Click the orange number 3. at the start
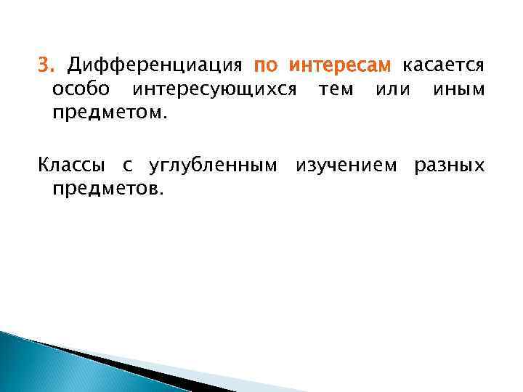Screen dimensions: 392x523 tap(47, 67)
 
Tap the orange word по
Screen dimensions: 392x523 tap(266, 67)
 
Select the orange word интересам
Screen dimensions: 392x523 tap(341, 67)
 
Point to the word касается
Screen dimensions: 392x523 tap(443, 67)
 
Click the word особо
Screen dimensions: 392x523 tap(81, 90)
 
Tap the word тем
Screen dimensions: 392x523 tap(336, 90)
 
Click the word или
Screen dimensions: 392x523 tap(393, 90)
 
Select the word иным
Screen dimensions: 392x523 tap(458, 90)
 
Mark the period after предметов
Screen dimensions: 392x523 tap(163, 193)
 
